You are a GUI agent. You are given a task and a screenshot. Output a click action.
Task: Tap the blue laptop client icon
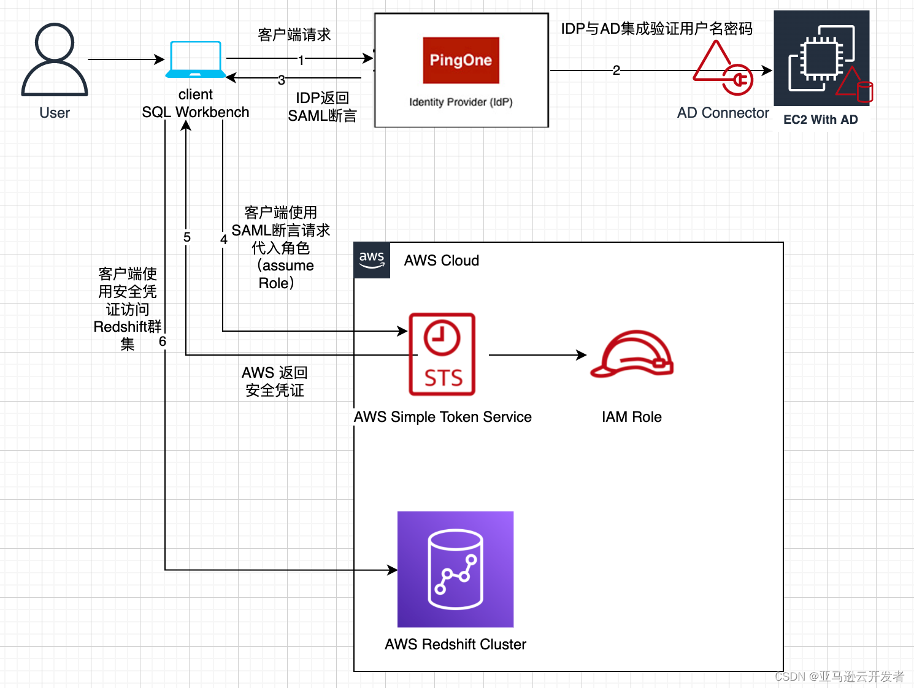[196, 59]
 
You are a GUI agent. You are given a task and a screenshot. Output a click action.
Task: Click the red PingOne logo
[461, 60]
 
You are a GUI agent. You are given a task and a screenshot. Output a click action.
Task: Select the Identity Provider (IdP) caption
[461, 102]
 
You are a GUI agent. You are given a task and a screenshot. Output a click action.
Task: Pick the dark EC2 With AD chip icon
[821, 58]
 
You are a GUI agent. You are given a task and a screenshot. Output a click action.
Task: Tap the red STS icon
[442, 354]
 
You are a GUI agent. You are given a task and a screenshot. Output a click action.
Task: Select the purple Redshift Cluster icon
[455, 569]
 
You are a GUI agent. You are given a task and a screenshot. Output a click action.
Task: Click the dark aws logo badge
[372, 260]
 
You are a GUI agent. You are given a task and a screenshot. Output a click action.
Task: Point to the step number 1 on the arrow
[301, 60]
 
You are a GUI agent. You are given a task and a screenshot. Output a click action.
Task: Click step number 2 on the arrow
[616, 71]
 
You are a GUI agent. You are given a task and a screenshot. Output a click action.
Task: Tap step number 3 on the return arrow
[282, 80]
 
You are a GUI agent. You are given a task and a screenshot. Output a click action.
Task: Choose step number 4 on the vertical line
[224, 239]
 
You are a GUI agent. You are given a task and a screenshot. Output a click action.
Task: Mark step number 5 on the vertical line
[187, 237]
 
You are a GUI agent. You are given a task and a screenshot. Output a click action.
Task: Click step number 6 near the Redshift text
[163, 341]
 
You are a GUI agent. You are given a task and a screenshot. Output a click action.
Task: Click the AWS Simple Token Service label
[442, 417]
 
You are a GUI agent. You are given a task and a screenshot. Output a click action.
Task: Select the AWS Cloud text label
[441, 261]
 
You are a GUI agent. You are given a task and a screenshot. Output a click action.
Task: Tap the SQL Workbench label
[196, 112]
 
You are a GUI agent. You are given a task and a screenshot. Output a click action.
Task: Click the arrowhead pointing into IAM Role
[582, 354]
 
